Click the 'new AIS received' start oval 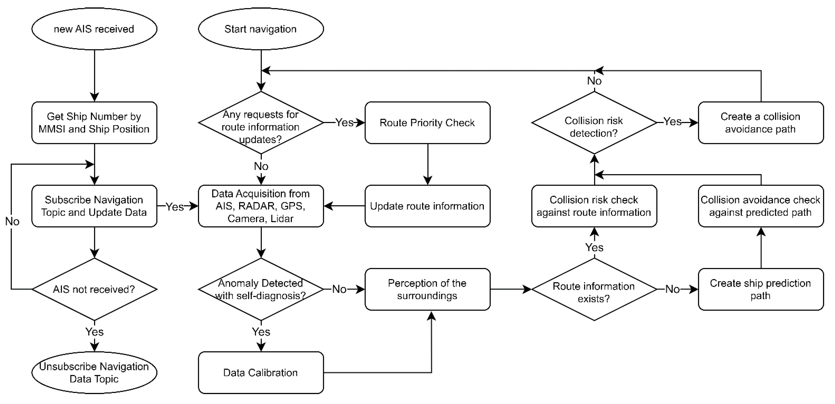click(94, 29)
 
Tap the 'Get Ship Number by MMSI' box click(94, 123)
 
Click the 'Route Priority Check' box click(427, 123)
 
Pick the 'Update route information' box click(427, 206)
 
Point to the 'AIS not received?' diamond click(94, 289)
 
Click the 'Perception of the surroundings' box click(427, 289)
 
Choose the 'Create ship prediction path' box click(760, 289)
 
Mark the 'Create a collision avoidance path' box click(760, 123)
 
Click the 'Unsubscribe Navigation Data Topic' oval click(94, 373)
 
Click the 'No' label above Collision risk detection click(594, 81)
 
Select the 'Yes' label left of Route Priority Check click(344, 123)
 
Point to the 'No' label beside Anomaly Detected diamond click(339, 289)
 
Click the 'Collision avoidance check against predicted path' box click(760, 206)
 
